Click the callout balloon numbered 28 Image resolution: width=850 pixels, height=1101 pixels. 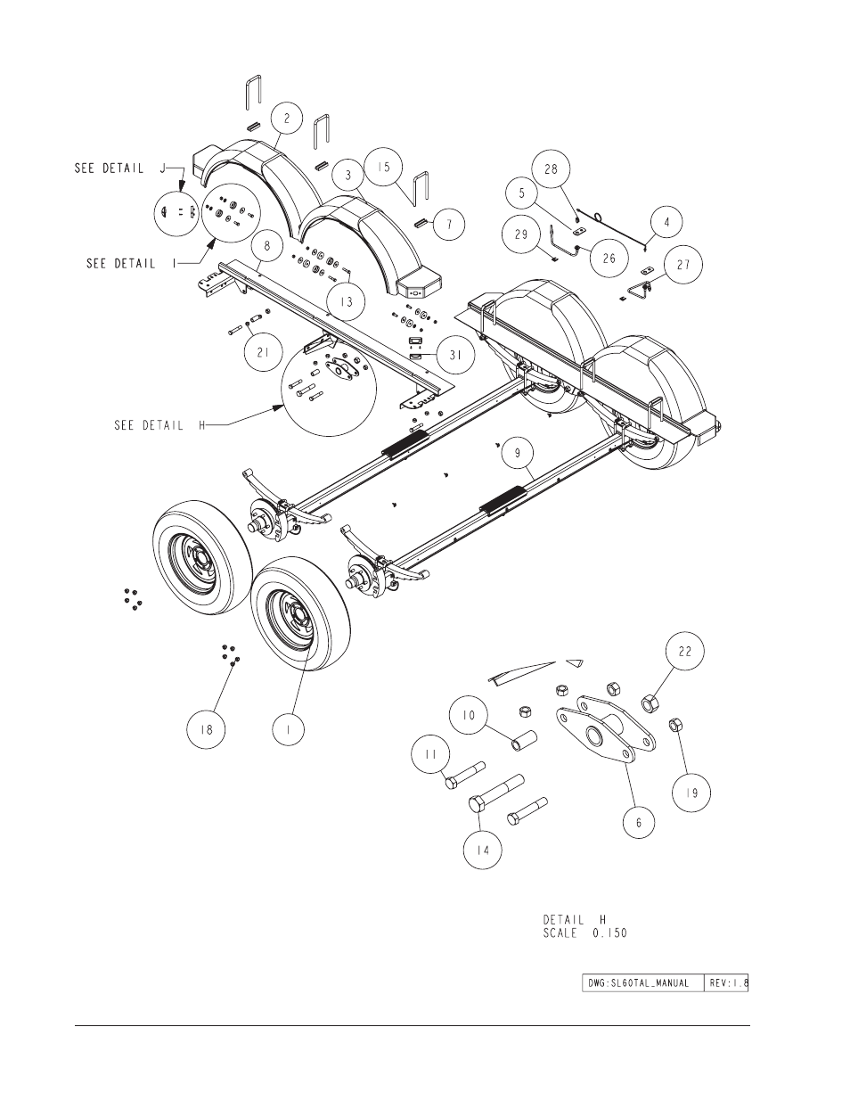[551, 168]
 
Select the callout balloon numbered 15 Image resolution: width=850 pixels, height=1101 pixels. [384, 167]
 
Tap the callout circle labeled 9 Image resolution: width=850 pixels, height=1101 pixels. [518, 453]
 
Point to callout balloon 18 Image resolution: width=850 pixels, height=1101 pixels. [206, 729]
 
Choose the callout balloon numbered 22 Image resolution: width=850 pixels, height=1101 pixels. [685, 651]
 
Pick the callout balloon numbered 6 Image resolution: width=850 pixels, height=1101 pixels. [638, 823]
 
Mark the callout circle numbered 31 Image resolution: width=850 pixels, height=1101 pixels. [455, 355]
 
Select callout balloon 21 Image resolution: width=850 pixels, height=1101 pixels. [263, 351]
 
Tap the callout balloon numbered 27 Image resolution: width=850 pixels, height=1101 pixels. [683, 265]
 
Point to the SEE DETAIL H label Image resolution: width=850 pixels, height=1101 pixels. [159, 425]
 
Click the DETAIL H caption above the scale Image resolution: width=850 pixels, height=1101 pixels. [574, 920]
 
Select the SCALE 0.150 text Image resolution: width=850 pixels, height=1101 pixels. [584, 933]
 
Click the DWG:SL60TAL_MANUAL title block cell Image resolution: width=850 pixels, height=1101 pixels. [643, 983]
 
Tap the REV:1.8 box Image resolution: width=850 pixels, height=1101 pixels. [726, 983]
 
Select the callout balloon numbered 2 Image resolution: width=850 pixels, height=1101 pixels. [287, 118]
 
